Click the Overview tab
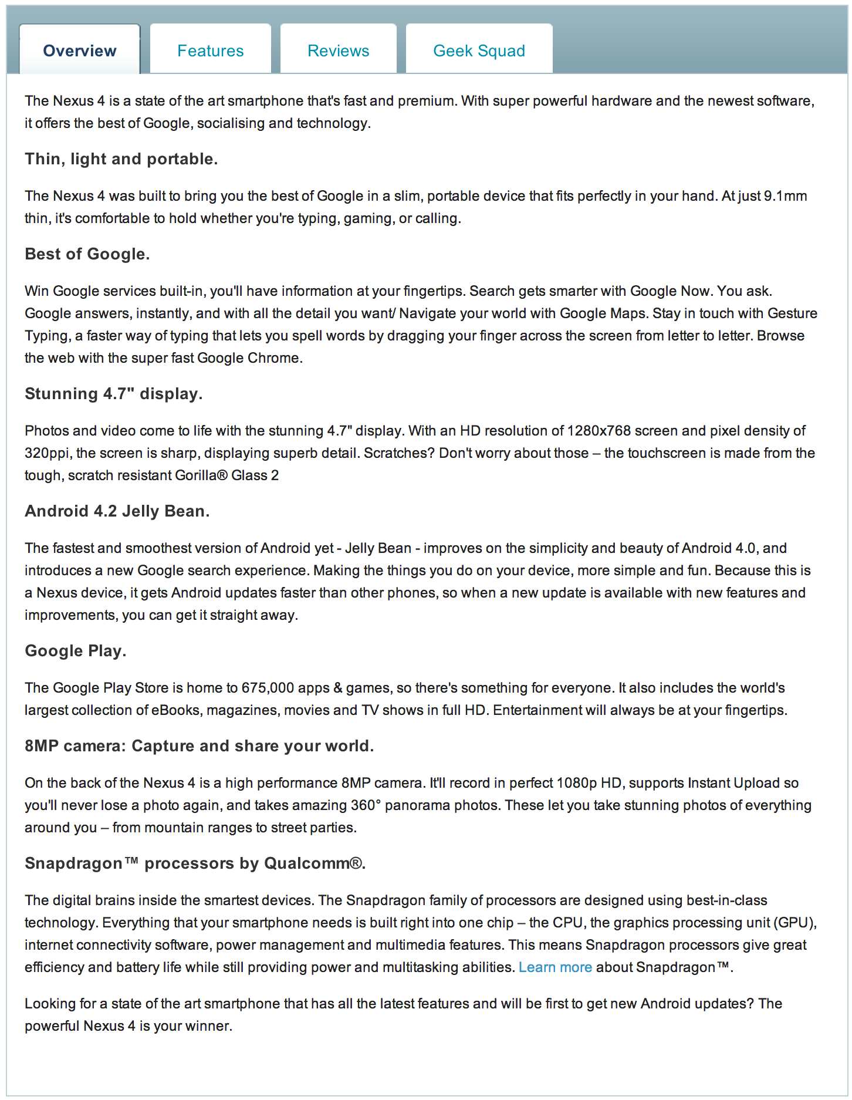80,50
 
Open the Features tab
210,50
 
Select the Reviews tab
338,50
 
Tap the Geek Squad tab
479,50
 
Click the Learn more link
555,967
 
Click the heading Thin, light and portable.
121,158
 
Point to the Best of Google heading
87,254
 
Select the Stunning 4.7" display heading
113,393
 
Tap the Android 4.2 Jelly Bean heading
117,511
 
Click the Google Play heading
75,650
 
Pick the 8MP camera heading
199,745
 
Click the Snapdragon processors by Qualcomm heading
195,863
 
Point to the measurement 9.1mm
785,196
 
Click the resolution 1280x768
599,431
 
